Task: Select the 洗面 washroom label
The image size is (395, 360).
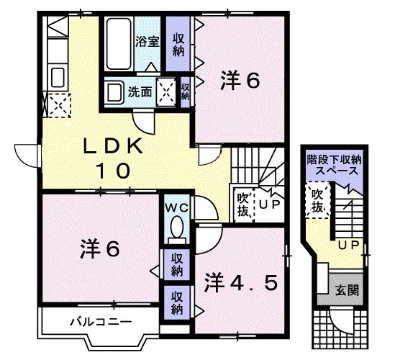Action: [x=140, y=91]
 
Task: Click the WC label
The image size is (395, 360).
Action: [x=176, y=207]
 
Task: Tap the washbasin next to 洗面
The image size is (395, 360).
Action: [x=114, y=92]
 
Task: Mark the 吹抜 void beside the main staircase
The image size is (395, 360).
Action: [x=242, y=203]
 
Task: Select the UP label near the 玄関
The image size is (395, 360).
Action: [x=348, y=246]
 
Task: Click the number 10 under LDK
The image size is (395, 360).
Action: [x=114, y=171]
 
